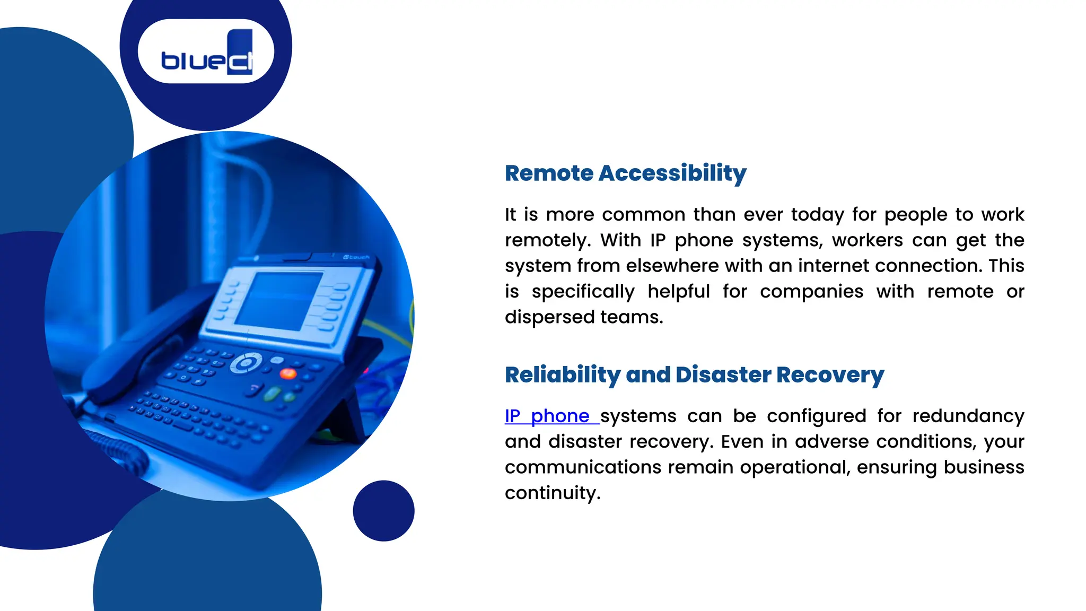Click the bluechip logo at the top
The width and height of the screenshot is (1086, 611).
[206, 52]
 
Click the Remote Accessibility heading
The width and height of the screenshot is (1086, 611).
[625, 173]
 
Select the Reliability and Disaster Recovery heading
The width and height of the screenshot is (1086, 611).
[694, 375]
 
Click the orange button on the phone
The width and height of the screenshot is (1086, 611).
[288, 373]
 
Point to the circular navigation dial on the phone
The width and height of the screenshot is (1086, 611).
[246, 363]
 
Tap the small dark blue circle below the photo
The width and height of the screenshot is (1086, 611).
[383, 511]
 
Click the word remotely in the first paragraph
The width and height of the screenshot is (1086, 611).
[547, 240]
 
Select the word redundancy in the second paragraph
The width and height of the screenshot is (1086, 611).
[968, 416]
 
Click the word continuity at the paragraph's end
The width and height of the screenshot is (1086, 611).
[552, 493]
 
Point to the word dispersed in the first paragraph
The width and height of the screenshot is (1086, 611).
[549, 317]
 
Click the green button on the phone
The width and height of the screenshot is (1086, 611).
[272, 394]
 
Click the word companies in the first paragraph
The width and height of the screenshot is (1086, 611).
[811, 292]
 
